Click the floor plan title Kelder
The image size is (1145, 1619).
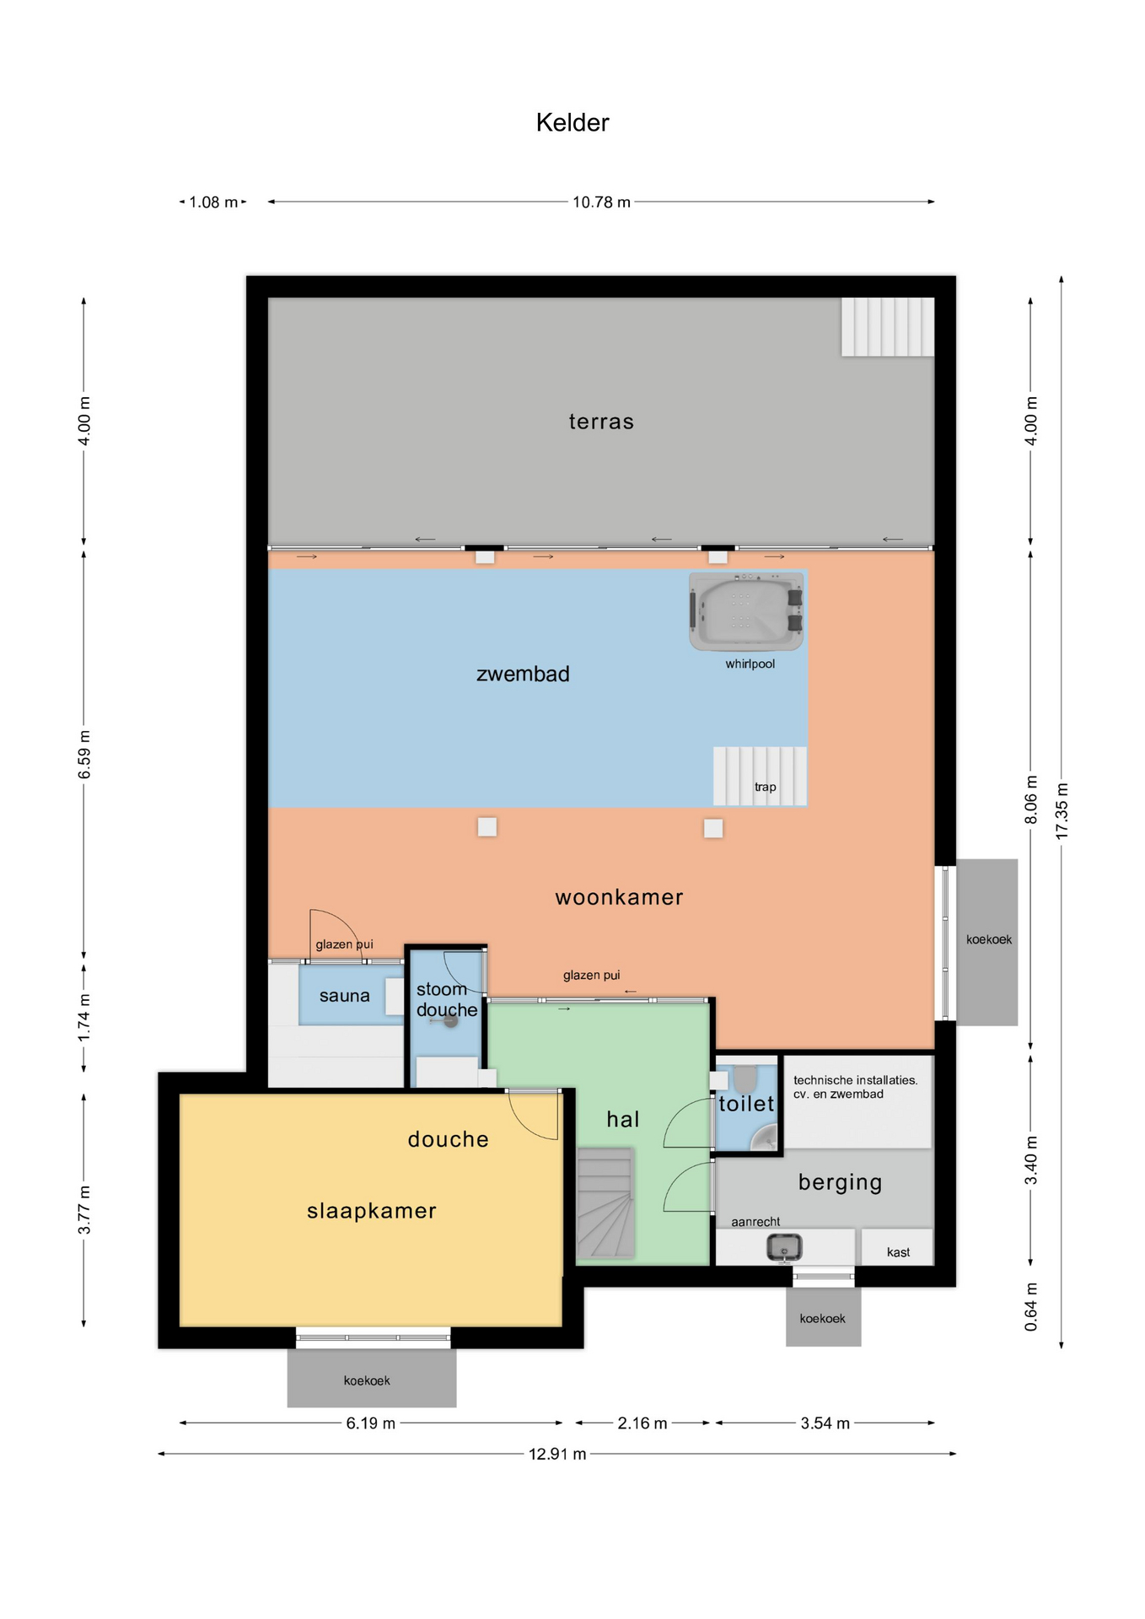(x=572, y=123)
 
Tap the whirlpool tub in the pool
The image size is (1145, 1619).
(x=746, y=611)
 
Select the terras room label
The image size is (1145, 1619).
(x=601, y=422)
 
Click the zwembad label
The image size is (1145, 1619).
(x=523, y=674)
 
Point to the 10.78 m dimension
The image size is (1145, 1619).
(x=601, y=202)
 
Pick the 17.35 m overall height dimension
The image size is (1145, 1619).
(x=1062, y=810)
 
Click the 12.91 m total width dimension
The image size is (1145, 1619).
(x=557, y=1454)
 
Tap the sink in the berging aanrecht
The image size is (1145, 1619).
(x=784, y=1247)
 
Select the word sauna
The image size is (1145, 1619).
(x=345, y=996)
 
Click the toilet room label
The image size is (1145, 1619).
(x=746, y=1104)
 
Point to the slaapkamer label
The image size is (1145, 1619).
(x=372, y=1211)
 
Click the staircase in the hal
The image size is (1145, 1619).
(x=605, y=1202)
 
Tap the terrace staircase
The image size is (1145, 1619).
(x=888, y=326)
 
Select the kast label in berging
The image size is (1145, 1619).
(x=898, y=1252)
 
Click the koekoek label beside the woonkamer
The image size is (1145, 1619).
(x=989, y=939)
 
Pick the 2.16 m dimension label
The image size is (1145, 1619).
(x=642, y=1423)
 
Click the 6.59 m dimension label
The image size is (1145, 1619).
(x=84, y=756)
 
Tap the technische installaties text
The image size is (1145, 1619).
(x=856, y=1087)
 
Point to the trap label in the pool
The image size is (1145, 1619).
(x=766, y=787)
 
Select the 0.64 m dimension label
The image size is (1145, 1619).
(x=1030, y=1307)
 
